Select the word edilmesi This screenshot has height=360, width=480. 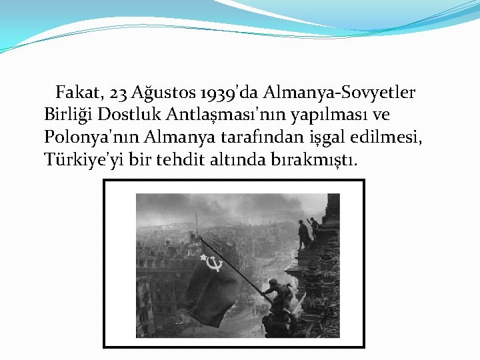[393, 137]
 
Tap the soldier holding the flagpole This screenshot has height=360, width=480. [279, 293]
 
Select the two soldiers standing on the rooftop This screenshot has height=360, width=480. [307, 233]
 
